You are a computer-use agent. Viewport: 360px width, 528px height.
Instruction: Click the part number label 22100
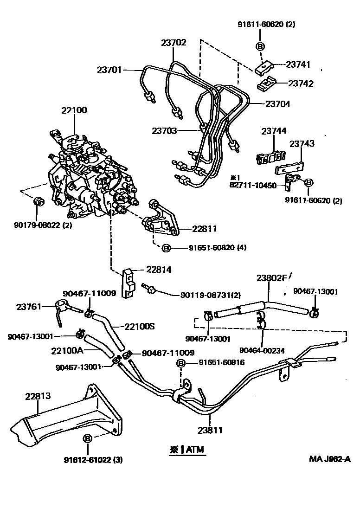[x=74, y=110]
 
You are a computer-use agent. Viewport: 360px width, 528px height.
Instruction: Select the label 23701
[x=109, y=70]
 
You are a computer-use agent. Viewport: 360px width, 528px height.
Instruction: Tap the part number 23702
[x=174, y=43]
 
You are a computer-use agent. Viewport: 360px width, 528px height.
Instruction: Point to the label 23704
[x=277, y=104]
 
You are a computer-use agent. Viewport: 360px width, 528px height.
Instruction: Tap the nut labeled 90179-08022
[x=39, y=201]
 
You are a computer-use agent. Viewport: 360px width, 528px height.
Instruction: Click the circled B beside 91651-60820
[x=167, y=248]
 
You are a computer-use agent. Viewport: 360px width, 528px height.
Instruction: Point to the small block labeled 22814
[x=128, y=283]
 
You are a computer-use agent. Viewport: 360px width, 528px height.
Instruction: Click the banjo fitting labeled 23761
[x=60, y=306]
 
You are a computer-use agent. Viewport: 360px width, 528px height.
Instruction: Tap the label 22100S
[x=139, y=326]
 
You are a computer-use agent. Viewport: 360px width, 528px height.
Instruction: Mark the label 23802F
[x=271, y=278]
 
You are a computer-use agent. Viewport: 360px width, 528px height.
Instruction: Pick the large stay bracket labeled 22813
[x=70, y=415]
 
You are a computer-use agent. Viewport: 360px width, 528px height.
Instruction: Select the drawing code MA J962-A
[x=330, y=459]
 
